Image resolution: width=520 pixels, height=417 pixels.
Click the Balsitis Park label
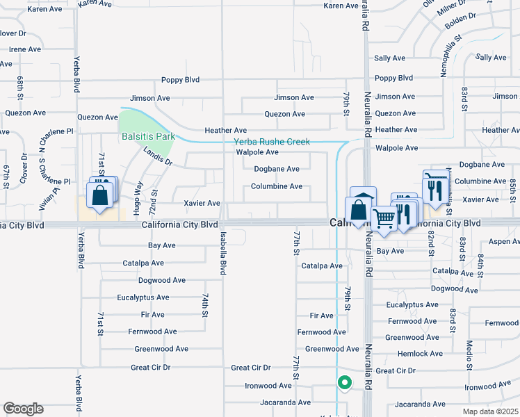click(148, 136)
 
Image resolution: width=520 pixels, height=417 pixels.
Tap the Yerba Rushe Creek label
click(273, 142)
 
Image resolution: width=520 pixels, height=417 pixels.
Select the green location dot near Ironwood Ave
click(343, 382)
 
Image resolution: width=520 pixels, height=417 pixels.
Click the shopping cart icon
click(384, 219)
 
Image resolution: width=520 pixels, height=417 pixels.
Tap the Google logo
click(23, 409)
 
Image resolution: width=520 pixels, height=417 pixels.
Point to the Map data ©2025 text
click(491, 411)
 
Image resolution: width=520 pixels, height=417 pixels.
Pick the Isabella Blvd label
click(223, 253)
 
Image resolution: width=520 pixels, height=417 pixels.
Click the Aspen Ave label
click(504, 241)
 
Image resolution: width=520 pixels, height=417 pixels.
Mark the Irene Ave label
click(25, 49)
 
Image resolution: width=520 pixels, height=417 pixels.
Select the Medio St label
click(470, 361)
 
